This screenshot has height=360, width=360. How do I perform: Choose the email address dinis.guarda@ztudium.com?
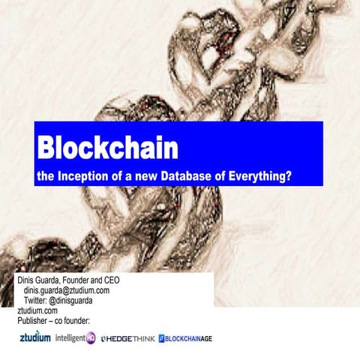tap(67, 289)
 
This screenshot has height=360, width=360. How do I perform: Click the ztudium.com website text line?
tap(37, 309)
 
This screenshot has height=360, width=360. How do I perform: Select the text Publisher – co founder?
tap(53, 319)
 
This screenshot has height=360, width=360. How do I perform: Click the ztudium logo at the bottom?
tap(34, 337)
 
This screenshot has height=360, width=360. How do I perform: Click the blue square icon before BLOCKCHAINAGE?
tap(162, 339)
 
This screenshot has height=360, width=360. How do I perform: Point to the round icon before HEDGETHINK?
tap(104, 339)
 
